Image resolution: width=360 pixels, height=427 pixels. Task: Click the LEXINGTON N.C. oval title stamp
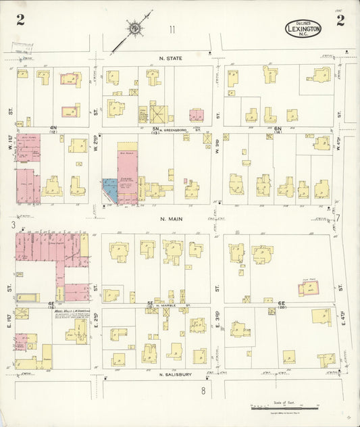303,28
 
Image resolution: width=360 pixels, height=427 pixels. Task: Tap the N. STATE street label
162,58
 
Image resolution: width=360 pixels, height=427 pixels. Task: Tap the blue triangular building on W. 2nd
108,191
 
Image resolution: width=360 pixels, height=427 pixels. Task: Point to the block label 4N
53,127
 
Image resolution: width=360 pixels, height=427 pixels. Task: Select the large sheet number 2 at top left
21,20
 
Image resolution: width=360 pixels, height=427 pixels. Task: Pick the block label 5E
151,303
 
